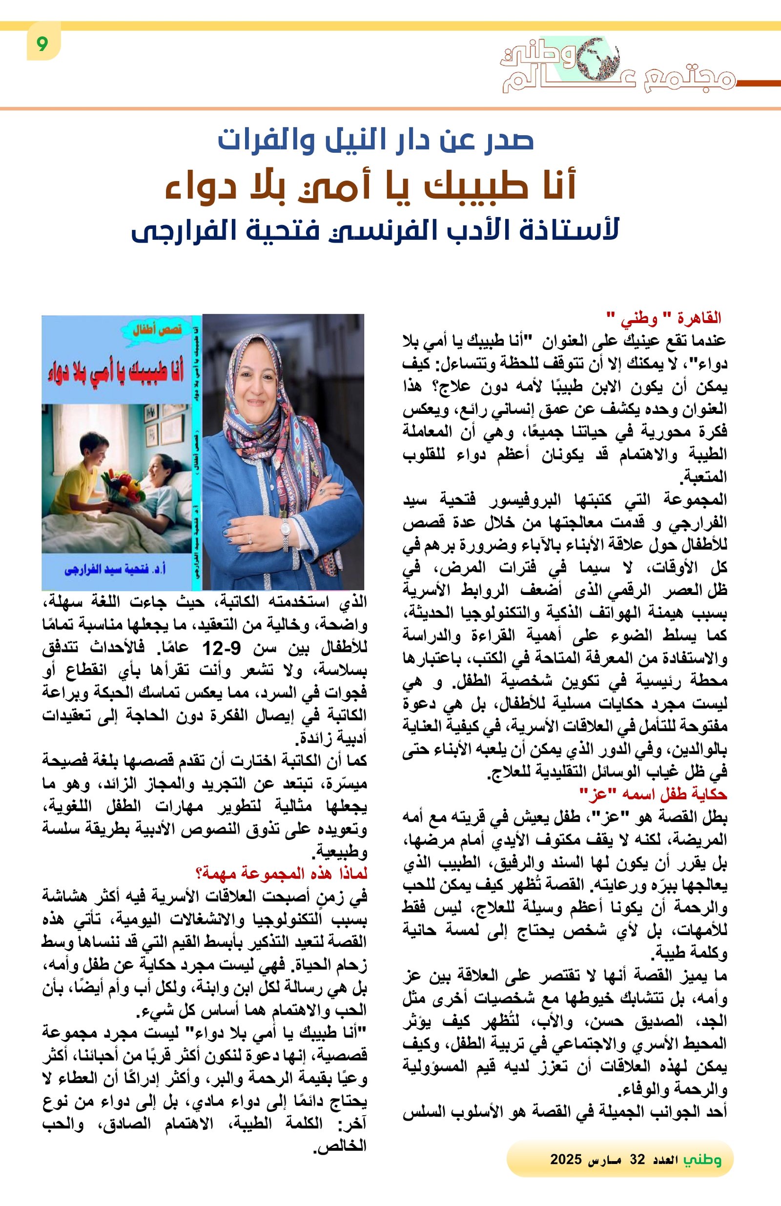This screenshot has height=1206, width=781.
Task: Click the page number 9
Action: tap(42, 44)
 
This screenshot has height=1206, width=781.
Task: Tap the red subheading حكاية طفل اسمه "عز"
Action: tap(653, 794)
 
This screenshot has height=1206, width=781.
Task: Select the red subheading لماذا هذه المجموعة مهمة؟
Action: tap(281, 873)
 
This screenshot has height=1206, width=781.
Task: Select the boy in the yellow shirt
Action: tap(81, 474)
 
